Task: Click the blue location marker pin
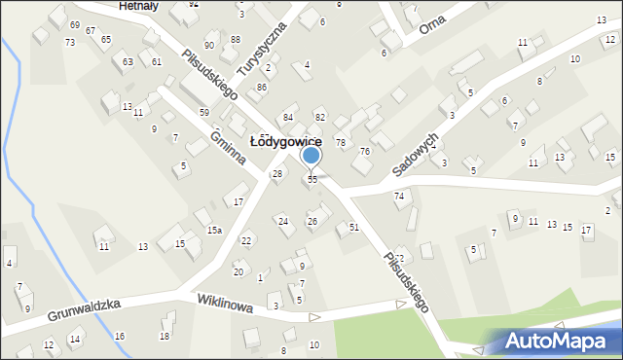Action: [x=311, y=156]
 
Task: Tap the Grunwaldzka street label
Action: [x=81, y=310]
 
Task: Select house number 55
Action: [x=312, y=180]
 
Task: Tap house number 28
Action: [x=276, y=173]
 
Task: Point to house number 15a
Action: [x=214, y=231]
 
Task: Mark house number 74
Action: [x=399, y=197]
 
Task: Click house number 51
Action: [x=354, y=227]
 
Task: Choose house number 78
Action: [x=341, y=143]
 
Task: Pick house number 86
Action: [x=261, y=88]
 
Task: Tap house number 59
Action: [x=204, y=113]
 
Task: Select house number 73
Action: [x=70, y=43]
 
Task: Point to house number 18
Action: [x=165, y=337]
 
